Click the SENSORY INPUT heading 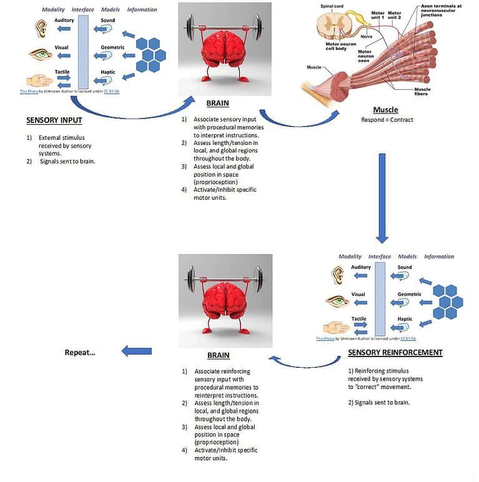(54, 121)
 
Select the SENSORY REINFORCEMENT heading (395, 353)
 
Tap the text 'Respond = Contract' (385, 120)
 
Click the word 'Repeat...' (80, 353)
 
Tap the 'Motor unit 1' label (378, 15)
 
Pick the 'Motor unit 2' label (395, 15)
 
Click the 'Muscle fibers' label (422, 92)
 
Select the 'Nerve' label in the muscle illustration (366, 37)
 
